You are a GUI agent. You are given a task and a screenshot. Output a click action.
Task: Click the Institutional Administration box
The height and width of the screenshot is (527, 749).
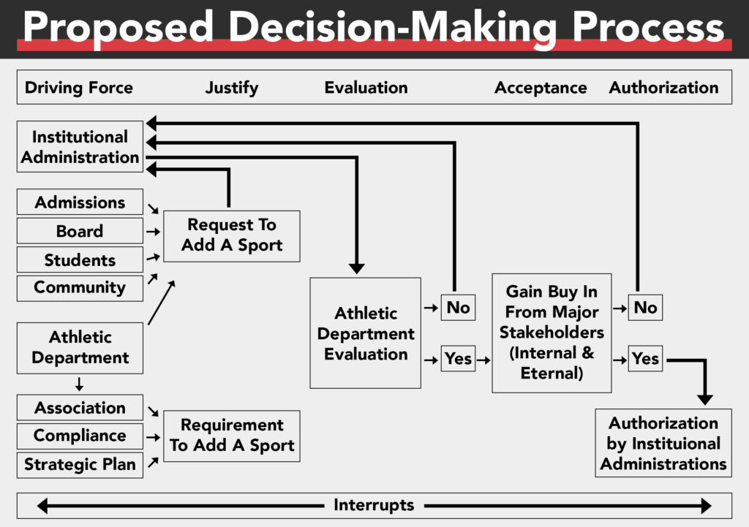pos(80,147)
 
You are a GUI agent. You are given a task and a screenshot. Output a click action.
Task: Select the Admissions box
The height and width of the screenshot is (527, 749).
pos(80,202)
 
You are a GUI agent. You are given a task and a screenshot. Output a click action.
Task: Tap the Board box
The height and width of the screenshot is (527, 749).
pos(80,231)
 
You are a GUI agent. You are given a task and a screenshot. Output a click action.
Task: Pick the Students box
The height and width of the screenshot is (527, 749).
pos(80,260)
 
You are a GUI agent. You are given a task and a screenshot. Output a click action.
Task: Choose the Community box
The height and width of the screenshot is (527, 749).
pos(80,287)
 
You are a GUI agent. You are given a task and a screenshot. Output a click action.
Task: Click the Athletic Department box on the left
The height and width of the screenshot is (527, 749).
pos(80,348)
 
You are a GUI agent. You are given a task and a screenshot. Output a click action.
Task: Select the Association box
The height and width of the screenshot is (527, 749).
pos(80,408)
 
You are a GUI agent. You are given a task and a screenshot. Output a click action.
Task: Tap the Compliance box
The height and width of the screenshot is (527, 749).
pos(80,436)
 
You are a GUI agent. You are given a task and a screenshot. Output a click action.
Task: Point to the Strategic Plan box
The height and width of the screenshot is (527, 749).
pos(80,465)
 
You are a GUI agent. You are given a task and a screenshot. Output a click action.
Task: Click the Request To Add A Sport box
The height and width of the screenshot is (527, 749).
pos(231,235)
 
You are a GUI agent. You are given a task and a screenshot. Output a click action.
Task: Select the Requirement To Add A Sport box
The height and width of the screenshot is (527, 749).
pos(231,436)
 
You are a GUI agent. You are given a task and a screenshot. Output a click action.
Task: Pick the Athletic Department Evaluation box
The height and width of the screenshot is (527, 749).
pos(365,333)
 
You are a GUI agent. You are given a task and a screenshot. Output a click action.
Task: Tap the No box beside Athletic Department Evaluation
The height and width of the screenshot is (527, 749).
pos(458,308)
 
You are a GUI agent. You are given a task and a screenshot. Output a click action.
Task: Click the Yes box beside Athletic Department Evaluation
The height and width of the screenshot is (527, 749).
pos(458,359)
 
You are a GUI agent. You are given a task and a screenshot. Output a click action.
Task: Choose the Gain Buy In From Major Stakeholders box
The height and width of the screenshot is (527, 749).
pos(552,333)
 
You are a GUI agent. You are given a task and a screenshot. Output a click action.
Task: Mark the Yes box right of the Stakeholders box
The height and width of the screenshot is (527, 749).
pos(645,359)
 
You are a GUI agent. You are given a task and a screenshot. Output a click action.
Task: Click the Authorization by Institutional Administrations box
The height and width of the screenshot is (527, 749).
pos(663,443)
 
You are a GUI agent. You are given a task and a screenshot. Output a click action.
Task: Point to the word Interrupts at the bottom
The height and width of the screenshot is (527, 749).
pos(374,505)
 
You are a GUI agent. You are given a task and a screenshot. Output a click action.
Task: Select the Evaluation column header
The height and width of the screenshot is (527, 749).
pos(366,88)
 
